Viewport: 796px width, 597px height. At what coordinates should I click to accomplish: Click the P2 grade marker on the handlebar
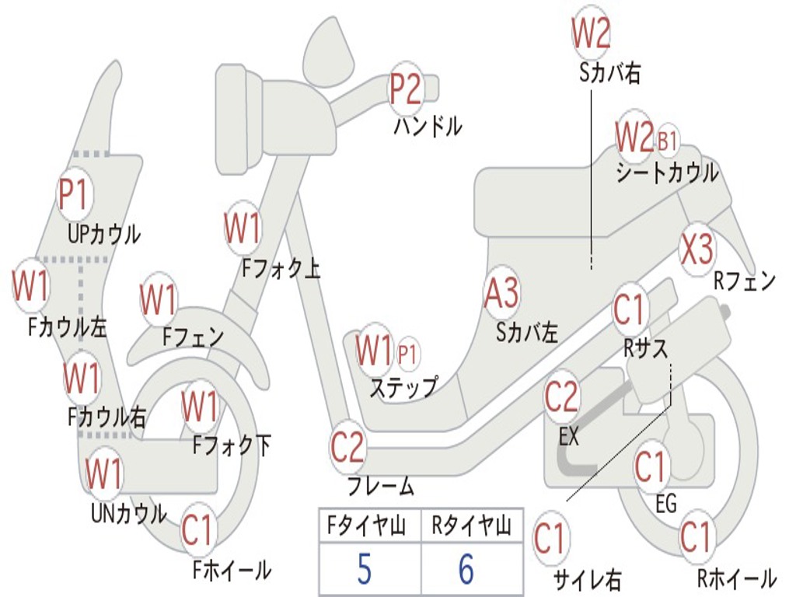click(x=405, y=89)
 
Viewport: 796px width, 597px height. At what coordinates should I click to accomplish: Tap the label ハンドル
click(x=428, y=125)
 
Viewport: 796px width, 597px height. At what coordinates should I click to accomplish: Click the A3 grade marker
click(x=501, y=294)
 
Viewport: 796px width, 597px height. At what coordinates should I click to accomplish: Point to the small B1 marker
click(x=667, y=141)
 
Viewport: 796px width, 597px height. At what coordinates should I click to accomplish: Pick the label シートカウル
click(x=667, y=173)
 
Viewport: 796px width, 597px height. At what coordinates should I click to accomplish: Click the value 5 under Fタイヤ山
click(x=364, y=570)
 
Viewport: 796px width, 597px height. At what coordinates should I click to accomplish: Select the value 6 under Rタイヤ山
click(x=466, y=570)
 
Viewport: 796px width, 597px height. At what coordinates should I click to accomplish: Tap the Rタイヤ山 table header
click(x=471, y=527)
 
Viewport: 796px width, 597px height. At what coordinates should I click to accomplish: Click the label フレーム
click(x=381, y=487)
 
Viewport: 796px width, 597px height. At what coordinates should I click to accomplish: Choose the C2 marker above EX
click(x=561, y=397)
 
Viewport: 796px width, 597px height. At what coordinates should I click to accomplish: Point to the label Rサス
click(x=645, y=349)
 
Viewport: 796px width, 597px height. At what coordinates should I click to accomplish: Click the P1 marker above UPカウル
click(x=75, y=195)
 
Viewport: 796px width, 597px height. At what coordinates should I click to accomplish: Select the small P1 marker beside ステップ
click(x=407, y=354)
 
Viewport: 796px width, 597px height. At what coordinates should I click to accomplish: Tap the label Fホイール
click(x=232, y=570)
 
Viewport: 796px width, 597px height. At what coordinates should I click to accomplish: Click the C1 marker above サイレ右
click(x=550, y=539)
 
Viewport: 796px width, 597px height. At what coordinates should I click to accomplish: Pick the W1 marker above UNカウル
click(x=104, y=472)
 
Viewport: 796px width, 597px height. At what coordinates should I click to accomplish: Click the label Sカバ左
click(x=527, y=333)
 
